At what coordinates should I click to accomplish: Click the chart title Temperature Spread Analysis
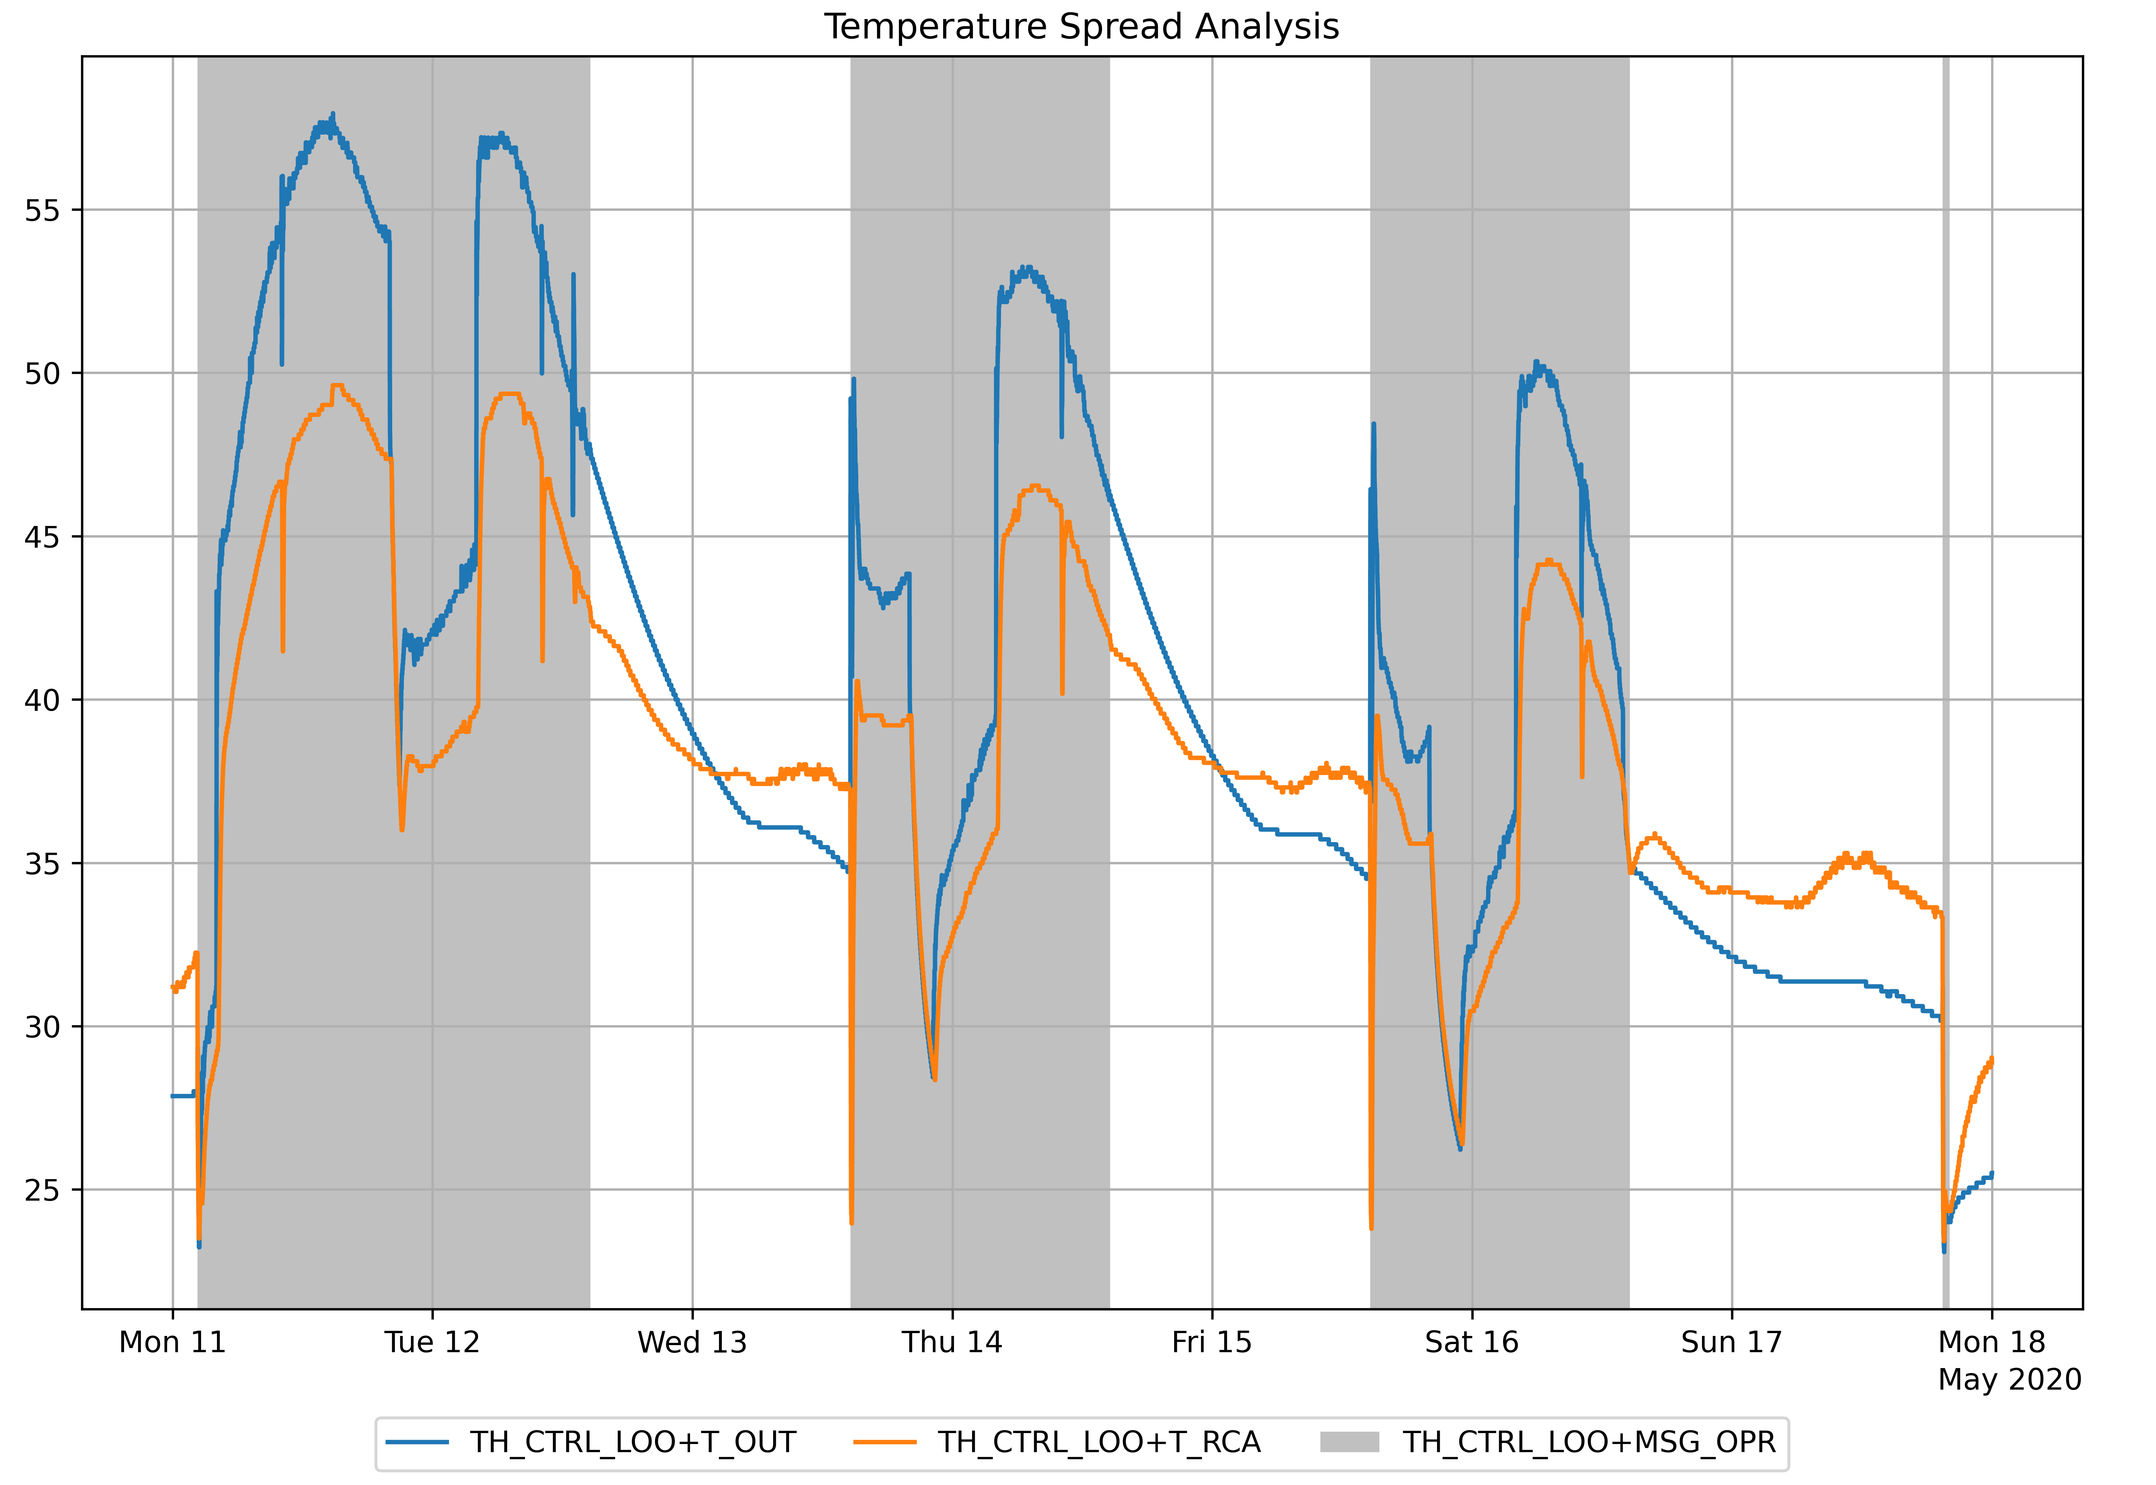click(1080, 27)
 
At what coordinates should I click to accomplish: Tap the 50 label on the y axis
click(42, 374)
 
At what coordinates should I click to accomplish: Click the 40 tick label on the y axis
click(42, 700)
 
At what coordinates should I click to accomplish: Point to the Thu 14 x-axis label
click(952, 1343)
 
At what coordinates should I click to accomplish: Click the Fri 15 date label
click(1212, 1343)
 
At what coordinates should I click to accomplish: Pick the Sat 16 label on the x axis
click(1471, 1343)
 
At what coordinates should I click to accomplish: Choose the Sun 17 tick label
click(1731, 1343)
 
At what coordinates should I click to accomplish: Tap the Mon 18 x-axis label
click(1991, 1343)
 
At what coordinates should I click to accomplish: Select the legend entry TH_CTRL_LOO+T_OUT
click(633, 1442)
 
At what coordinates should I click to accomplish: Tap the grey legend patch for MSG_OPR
click(1349, 1442)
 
